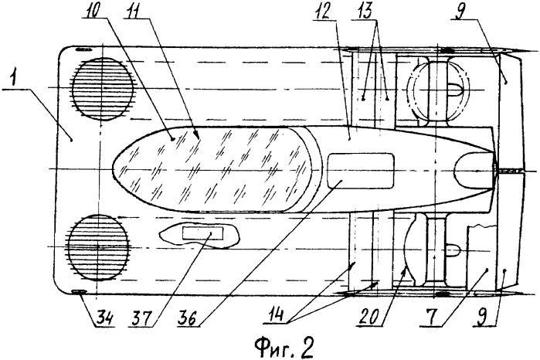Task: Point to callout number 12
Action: [x=323, y=11]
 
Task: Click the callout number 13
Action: [x=365, y=10]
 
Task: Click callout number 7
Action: [x=426, y=317]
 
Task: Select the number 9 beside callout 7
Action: [x=481, y=317]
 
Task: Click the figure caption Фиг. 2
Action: [x=284, y=348]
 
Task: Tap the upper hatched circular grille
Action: [x=102, y=89]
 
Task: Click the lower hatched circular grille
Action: [x=98, y=246]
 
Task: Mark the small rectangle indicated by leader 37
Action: [x=202, y=233]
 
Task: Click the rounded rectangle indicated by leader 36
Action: [x=361, y=171]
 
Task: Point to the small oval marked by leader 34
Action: [x=80, y=292]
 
